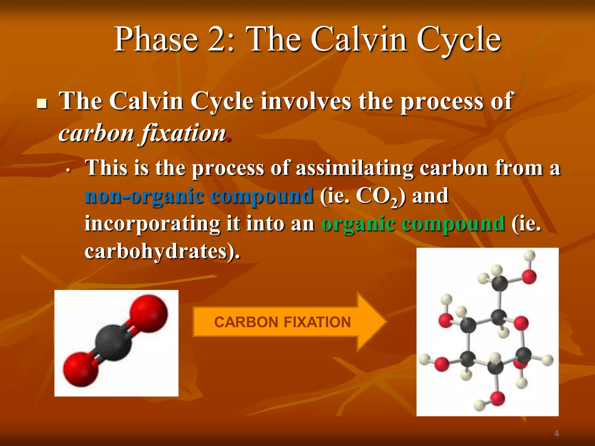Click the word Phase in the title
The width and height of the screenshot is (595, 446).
coord(156,40)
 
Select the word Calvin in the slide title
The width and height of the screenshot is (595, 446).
coord(359,40)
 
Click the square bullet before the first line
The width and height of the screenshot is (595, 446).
coord(42,103)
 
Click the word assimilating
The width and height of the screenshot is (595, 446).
coord(354,168)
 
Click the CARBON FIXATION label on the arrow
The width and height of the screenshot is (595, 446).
coord(282,322)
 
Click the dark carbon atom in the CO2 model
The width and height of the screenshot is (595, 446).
coord(113,343)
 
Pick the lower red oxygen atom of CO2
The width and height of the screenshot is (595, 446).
coord(80,370)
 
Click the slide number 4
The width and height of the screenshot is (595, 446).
coord(556,434)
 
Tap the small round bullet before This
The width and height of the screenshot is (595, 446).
coord(68,171)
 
